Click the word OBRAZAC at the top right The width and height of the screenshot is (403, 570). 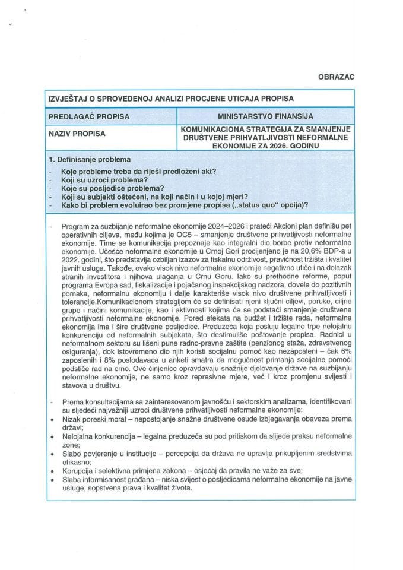[x=335, y=77]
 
